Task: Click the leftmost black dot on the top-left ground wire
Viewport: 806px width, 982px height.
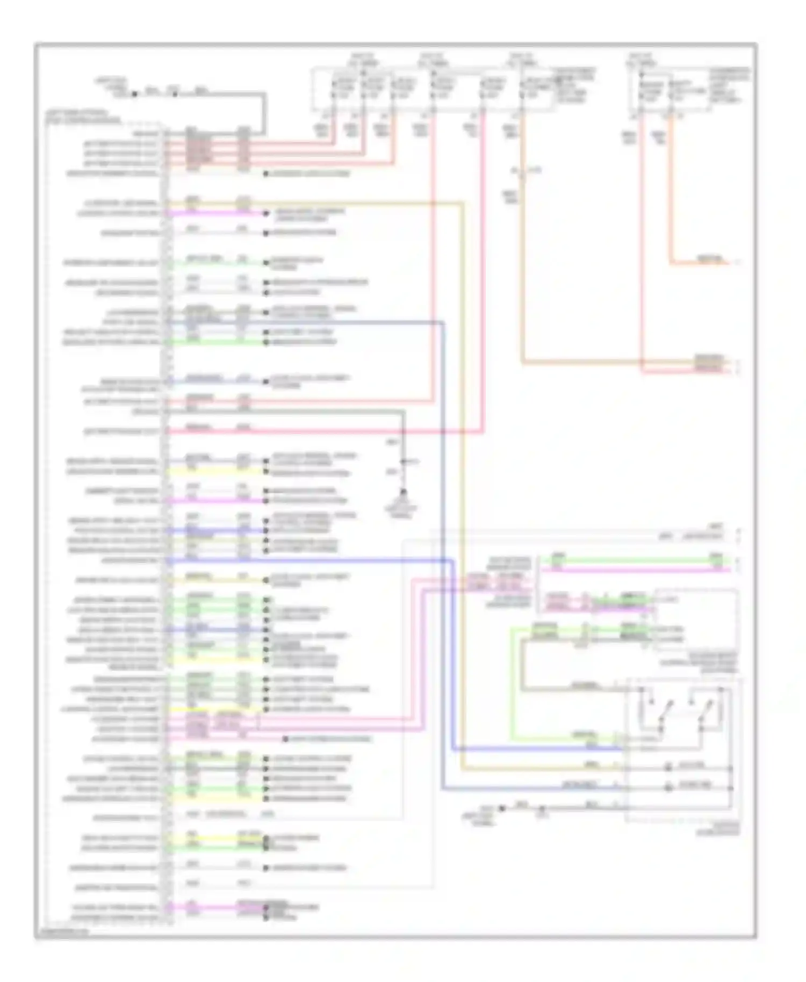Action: pyautogui.click(x=135, y=93)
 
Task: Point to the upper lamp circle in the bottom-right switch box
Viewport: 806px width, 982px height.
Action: pyautogui.click(x=668, y=768)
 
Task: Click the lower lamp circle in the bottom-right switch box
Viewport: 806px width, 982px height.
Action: pyautogui.click(x=668, y=788)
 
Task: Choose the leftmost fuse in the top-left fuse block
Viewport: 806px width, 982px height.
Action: pyautogui.click(x=333, y=89)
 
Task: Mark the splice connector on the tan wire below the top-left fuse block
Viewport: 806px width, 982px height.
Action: pyautogui.click(x=521, y=171)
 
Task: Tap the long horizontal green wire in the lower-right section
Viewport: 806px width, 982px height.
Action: pyautogui.click(x=634, y=561)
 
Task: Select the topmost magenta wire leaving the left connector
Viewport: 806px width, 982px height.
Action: pyautogui.click(x=215, y=213)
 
